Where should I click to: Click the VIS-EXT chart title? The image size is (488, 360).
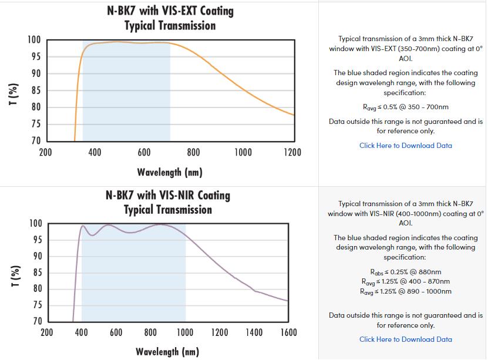(170, 18)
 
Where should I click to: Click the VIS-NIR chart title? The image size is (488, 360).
(168, 202)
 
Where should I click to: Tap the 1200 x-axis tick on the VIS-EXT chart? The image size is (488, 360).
(292, 153)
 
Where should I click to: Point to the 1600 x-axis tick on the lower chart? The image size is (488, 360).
(288, 333)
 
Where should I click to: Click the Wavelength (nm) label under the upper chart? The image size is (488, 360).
(170, 172)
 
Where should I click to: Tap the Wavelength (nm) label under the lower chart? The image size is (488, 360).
(167, 352)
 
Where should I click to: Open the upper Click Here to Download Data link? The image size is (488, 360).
(406, 146)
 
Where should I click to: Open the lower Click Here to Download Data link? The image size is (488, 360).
(406, 339)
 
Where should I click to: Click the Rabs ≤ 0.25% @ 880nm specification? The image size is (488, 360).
(406, 272)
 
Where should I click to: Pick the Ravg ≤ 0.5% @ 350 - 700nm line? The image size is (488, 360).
(406, 107)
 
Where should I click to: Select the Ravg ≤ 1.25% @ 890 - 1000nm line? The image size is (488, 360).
(406, 291)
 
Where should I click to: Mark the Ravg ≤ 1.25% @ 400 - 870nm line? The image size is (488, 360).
(406, 281)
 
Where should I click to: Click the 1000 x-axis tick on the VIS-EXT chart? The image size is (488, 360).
(243, 153)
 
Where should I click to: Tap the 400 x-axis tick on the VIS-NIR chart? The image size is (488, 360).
(82, 333)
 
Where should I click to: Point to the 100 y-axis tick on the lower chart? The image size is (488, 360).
(35, 223)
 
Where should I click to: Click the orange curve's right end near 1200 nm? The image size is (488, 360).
(293, 115)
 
